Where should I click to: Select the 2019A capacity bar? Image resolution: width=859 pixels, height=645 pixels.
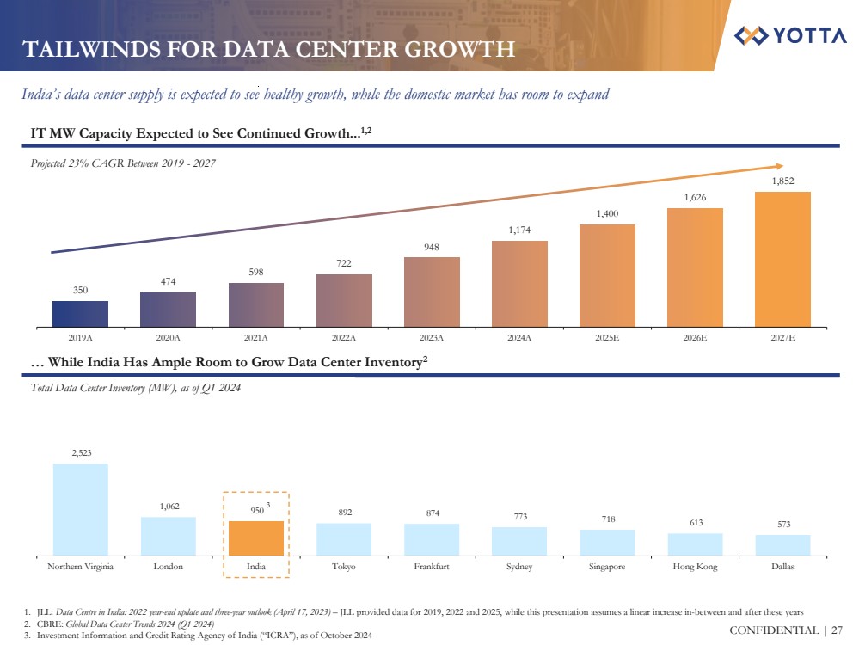coord(80,313)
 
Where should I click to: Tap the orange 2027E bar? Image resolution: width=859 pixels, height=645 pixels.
coord(782,258)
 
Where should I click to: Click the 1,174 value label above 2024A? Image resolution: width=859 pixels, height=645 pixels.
coord(519,230)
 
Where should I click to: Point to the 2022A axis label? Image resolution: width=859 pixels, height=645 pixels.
coord(344,338)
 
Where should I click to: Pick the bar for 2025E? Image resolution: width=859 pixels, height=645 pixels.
coord(607,275)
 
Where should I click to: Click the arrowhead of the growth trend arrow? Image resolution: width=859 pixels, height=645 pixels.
coord(778,165)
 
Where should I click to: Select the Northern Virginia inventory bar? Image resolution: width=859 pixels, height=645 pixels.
coord(80,508)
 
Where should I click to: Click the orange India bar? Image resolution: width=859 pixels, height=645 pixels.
coord(255,537)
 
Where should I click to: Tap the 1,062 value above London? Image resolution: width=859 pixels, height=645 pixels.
coord(168,507)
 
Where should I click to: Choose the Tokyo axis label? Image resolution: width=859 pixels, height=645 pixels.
coord(344,567)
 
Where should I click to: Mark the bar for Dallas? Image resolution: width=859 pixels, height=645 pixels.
coord(782,544)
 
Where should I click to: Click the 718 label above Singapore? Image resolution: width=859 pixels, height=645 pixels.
coord(607,519)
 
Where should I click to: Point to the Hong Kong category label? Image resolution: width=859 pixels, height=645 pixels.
coord(695,567)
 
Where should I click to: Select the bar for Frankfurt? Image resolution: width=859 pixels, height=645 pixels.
coord(432,538)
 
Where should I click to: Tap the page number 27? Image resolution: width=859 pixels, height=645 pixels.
coord(837,631)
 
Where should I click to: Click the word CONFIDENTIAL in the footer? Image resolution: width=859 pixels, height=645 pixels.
coord(777,631)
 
